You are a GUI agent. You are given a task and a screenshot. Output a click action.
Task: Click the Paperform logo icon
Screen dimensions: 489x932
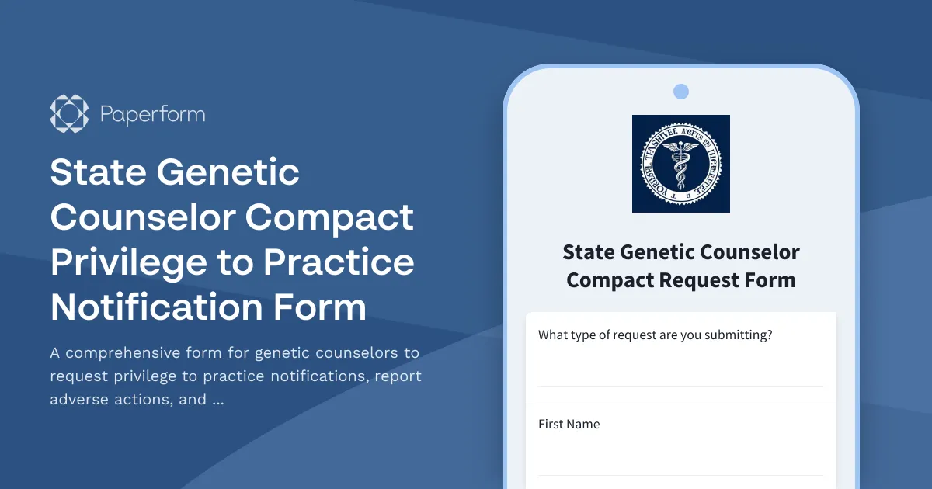69,114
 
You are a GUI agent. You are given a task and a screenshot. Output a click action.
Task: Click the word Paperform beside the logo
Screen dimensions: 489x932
153,115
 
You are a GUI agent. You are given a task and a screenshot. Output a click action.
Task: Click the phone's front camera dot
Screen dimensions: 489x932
681,92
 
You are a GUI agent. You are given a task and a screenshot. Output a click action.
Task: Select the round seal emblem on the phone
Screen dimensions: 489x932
681,164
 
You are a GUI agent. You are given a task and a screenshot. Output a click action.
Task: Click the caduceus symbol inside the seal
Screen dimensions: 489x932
681,165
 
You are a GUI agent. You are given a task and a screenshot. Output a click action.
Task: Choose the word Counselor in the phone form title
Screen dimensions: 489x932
749,252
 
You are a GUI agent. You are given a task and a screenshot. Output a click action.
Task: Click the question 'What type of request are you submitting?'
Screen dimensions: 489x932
655,335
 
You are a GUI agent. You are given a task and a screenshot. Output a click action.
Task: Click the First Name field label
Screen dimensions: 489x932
569,424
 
